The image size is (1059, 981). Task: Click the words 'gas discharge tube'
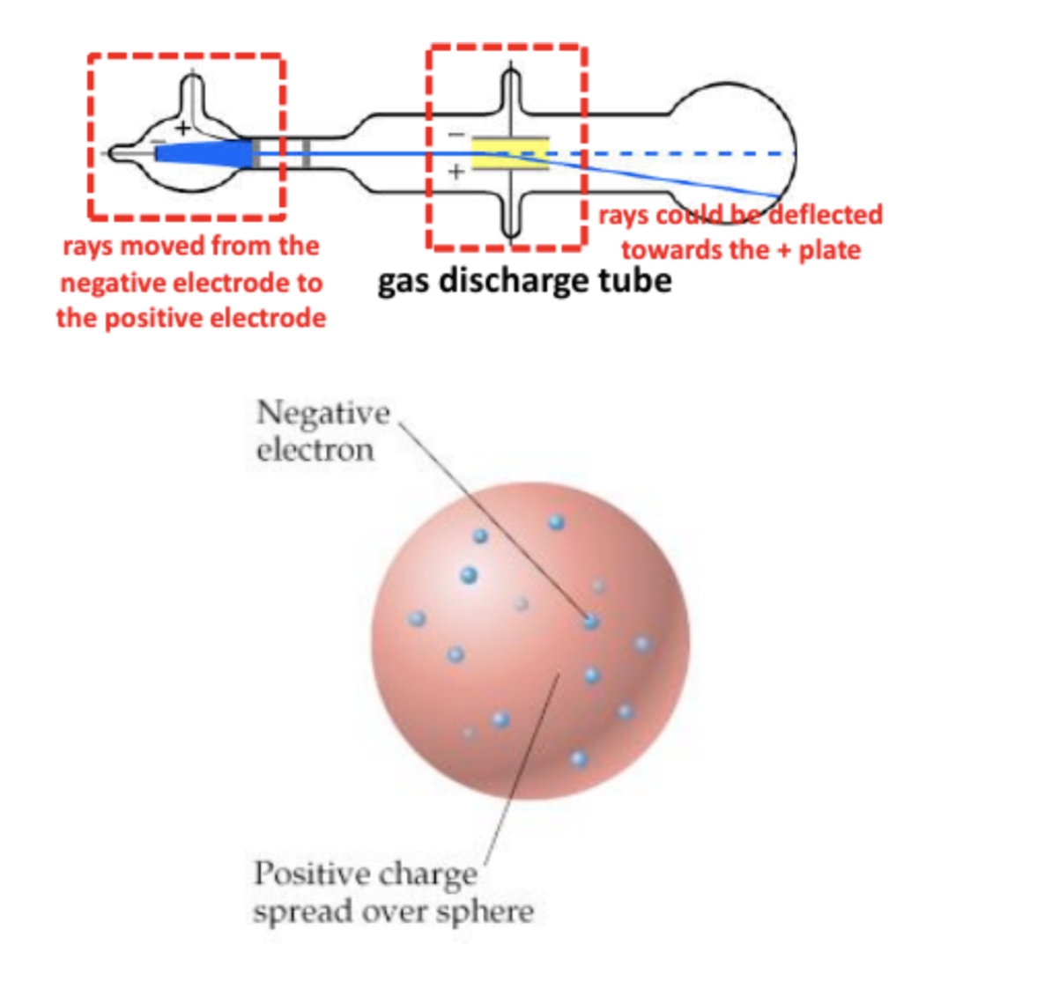pyautogui.click(x=524, y=281)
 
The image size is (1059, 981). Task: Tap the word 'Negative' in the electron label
pyautogui.click(x=322, y=412)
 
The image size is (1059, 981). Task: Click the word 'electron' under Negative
pyautogui.click(x=315, y=450)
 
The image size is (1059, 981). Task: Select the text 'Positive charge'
pyautogui.click(x=365, y=874)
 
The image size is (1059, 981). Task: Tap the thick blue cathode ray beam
pyautogui.click(x=203, y=153)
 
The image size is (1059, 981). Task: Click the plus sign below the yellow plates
pyautogui.click(x=455, y=172)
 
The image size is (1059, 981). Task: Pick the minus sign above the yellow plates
pyautogui.click(x=455, y=135)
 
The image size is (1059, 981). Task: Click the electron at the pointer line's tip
pyautogui.click(x=590, y=621)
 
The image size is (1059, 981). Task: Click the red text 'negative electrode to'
pyautogui.click(x=190, y=283)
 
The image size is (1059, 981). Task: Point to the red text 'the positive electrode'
pyautogui.click(x=190, y=317)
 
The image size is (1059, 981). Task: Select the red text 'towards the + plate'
pyautogui.click(x=740, y=250)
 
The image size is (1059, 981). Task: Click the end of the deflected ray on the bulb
pyautogui.click(x=778, y=195)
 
